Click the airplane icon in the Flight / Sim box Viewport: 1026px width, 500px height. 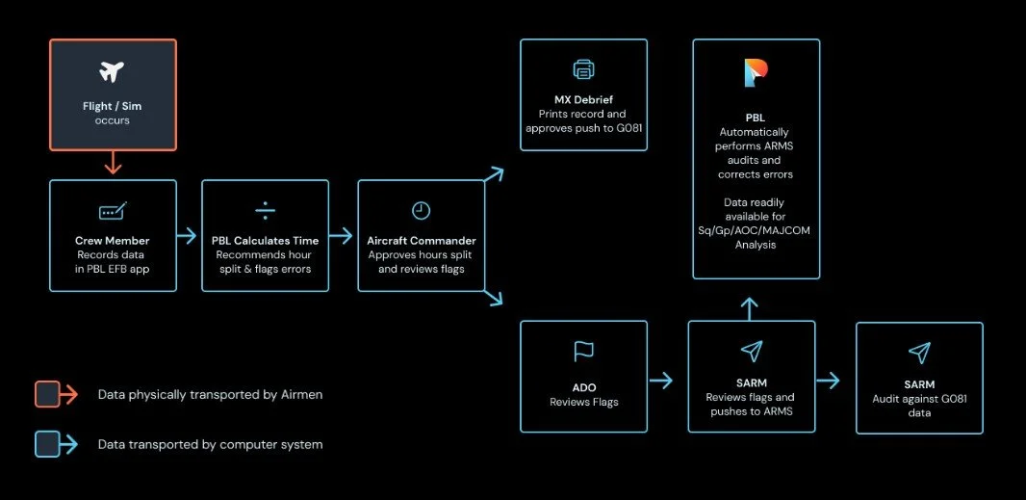(x=113, y=71)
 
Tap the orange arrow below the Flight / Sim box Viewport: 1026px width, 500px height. (x=113, y=162)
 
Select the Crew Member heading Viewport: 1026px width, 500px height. (x=113, y=240)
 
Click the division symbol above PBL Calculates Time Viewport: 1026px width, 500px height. (x=265, y=210)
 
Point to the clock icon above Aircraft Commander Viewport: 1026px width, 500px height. (x=421, y=210)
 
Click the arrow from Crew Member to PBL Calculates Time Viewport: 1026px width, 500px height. (x=190, y=236)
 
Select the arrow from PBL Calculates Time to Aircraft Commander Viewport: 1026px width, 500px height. (x=342, y=236)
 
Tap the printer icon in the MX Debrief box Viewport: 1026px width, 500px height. (x=583, y=69)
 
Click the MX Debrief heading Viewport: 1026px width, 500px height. (x=583, y=99)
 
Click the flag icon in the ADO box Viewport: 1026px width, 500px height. (x=583, y=352)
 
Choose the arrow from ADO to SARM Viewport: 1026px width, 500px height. (x=660, y=381)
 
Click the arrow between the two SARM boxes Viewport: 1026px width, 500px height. (x=829, y=381)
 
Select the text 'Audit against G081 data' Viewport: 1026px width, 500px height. (x=919, y=405)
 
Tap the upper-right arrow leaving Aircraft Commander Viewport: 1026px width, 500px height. (x=494, y=174)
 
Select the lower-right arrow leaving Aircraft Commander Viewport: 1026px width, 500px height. (x=494, y=299)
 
